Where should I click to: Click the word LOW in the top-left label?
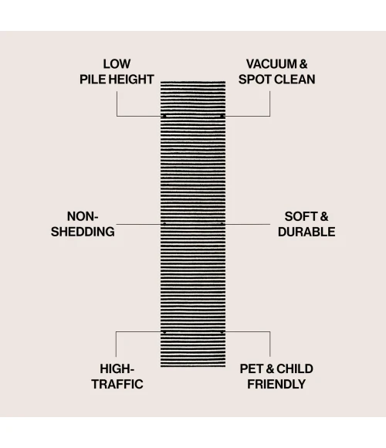(117, 64)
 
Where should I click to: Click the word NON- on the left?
(83, 216)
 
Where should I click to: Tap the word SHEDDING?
(83, 232)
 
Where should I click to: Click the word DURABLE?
(306, 232)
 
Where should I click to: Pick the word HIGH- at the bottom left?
(117, 369)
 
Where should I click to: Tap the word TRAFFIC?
(117, 385)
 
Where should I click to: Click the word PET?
(252, 369)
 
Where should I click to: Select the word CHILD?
(295, 369)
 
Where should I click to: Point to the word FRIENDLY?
(276, 385)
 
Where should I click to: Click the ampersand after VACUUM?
(303, 64)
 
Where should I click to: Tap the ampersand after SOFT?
(324, 216)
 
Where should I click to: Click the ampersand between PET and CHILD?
(269, 369)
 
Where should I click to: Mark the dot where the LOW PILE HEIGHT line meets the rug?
(164, 116)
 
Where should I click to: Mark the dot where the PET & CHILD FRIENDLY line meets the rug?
(222, 332)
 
